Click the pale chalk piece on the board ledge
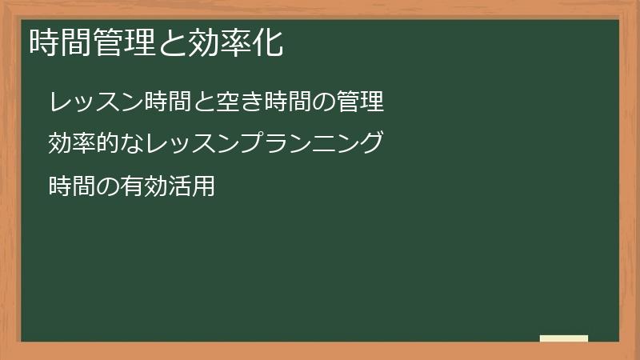[564, 338]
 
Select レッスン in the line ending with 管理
[97, 102]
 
